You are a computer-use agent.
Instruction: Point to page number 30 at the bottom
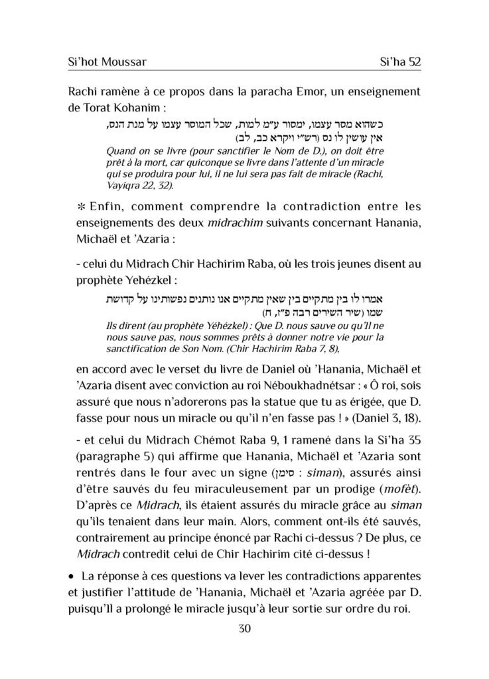[244, 629]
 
